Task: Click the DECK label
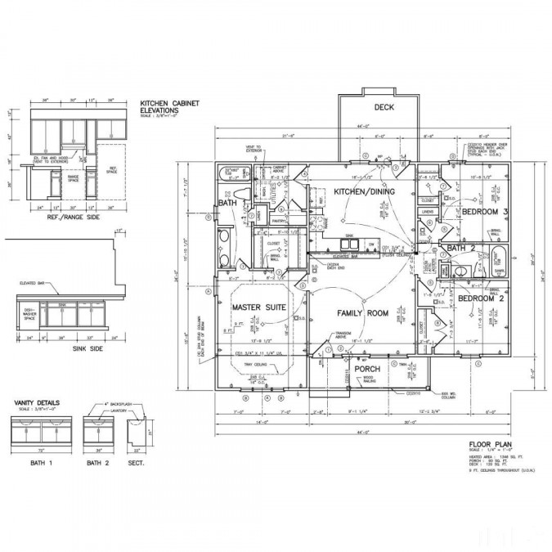pyautogui.click(x=384, y=108)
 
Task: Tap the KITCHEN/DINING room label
pyautogui.click(x=364, y=191)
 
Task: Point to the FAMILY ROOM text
pyautogui.click(x=362, y=313)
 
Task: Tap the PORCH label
pyautogui.click(x=367, y=369)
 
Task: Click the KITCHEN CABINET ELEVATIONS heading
pyautogui.click(x=169, y=107)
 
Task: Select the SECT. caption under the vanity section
pyautogui.click(x=136, y=464)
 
